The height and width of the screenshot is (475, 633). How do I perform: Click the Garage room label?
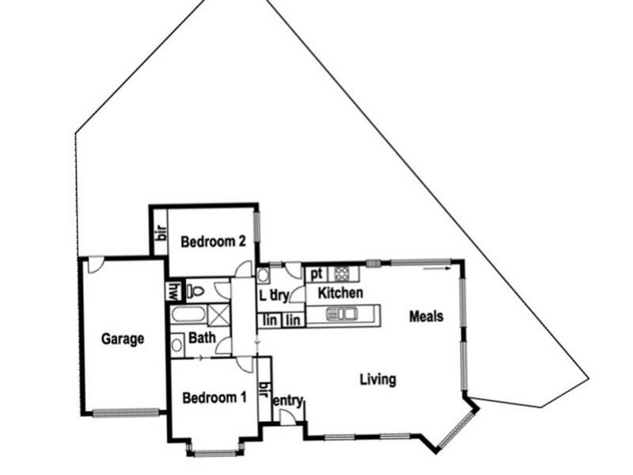click(123, 340)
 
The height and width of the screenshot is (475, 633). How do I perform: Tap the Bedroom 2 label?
click(212, 241)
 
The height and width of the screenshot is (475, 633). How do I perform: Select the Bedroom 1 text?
click(214, 397)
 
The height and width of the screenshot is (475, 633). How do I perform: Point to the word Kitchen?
click(340, 294)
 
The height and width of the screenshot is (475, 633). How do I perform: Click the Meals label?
click(426, 317)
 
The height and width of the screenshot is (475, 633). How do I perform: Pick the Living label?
click(377, 380)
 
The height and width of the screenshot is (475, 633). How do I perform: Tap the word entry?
click(288, 401)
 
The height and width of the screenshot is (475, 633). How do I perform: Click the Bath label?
click(202, 338)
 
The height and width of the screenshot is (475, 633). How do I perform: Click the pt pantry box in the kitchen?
click(316, 274)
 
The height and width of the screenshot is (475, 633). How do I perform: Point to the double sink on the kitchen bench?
click(342, 314)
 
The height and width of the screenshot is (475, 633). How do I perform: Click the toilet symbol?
click(195, 291)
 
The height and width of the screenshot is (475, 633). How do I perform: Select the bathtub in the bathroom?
click(188, 315)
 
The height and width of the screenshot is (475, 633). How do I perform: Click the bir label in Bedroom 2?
click(159, 232)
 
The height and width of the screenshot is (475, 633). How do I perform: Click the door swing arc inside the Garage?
click(95, 265)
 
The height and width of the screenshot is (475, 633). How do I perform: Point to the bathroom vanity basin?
click(176, 344)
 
